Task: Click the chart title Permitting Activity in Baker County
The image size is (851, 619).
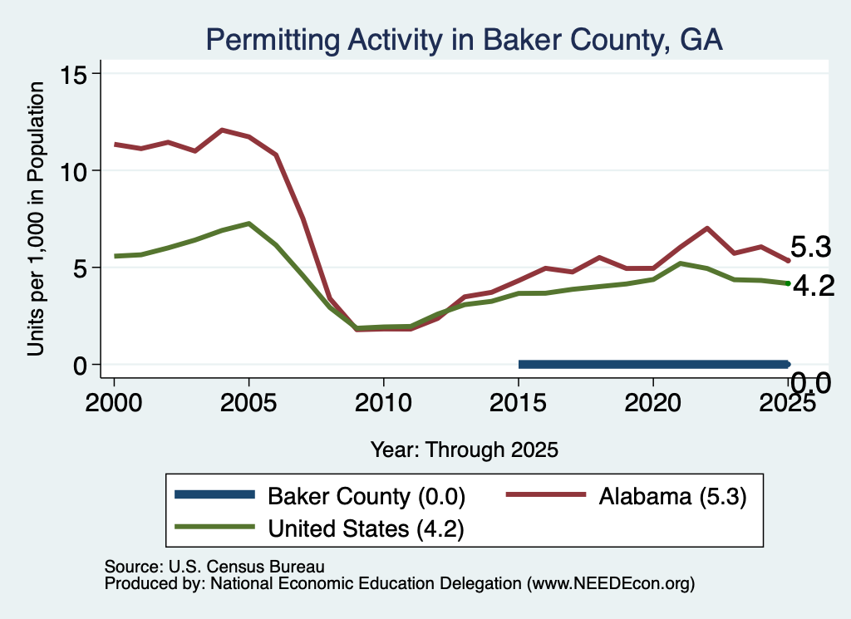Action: (x=464, y=40)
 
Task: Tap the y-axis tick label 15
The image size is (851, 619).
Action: (x=73, y=75)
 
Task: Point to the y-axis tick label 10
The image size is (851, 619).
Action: (x=73, y=172)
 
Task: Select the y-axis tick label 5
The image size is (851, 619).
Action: (x=80, y=268)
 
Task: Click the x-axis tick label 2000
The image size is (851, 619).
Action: (x=113, y=402)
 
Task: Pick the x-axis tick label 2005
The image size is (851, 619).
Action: (x=248, y=402)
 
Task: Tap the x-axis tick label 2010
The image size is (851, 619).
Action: (x=383, y=402)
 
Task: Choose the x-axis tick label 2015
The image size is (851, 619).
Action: (x=519, y=402)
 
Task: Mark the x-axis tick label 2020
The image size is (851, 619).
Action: (x=653, y=402)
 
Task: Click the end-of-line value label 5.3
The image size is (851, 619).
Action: (x=811, y=247)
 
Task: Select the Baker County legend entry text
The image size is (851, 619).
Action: (x=366, y=496)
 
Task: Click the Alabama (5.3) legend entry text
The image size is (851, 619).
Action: (x=673, y=496)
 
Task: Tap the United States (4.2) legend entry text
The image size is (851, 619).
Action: (x=366, y=528)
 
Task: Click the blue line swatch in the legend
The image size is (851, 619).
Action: (x=215, y=494)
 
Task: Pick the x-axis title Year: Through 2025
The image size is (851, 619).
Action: (x=465, y=450)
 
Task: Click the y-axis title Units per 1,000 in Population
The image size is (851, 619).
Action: (x=36, y=219)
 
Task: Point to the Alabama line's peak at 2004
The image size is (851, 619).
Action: (x=222, y=130)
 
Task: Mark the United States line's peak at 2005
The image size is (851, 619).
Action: (x=248, y=223)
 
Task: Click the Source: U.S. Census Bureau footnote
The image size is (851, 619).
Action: (x=214, y=567)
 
